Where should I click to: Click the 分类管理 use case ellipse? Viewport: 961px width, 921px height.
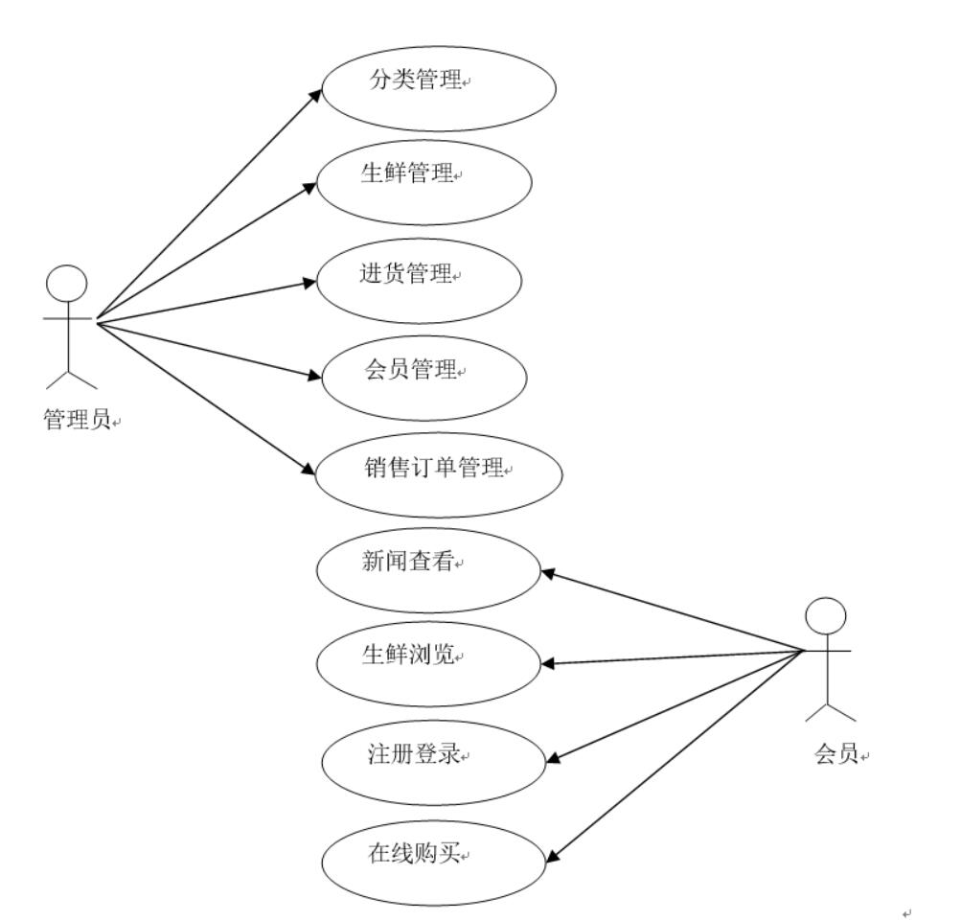coord(438,84)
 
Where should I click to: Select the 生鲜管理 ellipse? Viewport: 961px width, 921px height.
coord(424,182)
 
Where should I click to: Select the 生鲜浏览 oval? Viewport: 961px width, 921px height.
coord(428,662)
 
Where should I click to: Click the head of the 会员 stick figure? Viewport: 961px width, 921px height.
coord(826,614)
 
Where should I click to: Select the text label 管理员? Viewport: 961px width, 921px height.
coord(77,421)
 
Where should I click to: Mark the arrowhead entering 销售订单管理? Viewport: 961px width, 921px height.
coord(309,471)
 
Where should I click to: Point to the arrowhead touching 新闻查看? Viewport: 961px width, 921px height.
coord(548,573)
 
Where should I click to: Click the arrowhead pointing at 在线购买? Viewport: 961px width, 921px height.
coord(551,855)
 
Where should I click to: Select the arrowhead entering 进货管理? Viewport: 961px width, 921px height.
coord(309,283)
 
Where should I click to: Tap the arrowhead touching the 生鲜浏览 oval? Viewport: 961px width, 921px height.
coord(547,663)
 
